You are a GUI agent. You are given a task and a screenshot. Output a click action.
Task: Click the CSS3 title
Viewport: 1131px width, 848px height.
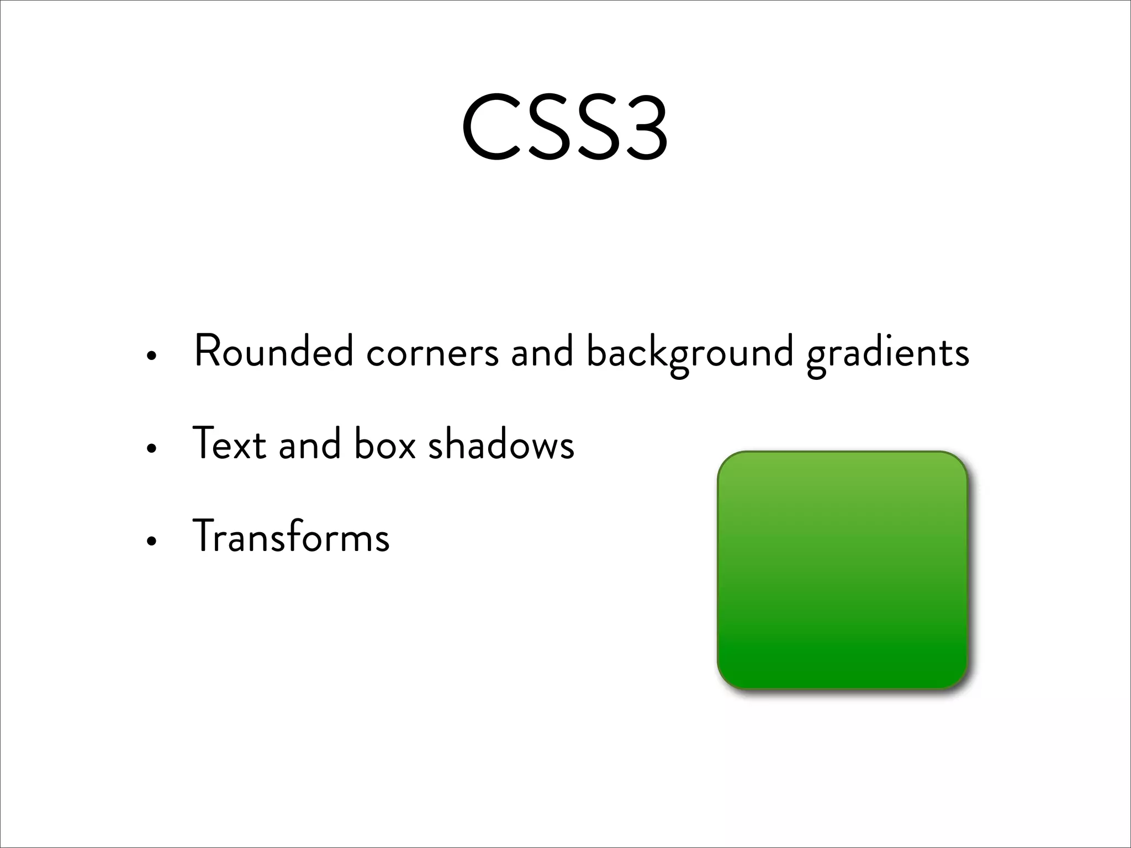coord(564,129)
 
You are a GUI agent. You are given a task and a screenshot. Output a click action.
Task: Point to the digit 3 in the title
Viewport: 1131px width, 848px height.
coord(641,129)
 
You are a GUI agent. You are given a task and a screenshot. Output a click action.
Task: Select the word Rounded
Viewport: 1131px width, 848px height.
coord(274,351)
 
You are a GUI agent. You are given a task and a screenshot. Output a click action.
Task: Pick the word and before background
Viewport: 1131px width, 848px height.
coord(542,351)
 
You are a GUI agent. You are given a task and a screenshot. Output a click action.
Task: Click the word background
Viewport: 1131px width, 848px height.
coord(690,353)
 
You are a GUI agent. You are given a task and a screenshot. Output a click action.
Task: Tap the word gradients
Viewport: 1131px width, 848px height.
coord(887,353)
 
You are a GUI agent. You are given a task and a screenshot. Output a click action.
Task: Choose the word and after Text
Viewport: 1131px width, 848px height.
coord(310,444)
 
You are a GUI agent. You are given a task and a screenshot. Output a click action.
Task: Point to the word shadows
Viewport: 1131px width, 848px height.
coord(501,444)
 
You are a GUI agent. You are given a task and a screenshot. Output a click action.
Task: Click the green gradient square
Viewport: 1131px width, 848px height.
coord(843,570)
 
